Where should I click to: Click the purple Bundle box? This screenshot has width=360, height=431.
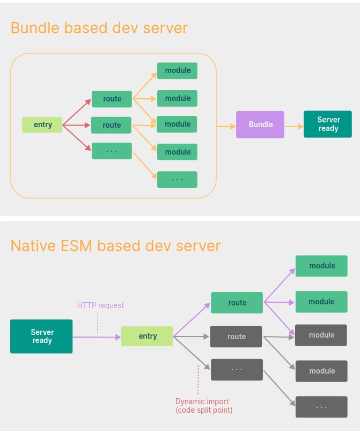[x=260, y=125]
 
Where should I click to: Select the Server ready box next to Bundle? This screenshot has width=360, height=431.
[x=328, y=124]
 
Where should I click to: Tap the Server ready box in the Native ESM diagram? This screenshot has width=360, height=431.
[x=41, y=337]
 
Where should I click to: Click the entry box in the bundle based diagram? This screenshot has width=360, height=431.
[x=42, y=125]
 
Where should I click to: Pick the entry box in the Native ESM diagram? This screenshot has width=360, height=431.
[x=147, y=336]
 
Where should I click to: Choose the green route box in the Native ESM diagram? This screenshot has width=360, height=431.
[x=237, y=303]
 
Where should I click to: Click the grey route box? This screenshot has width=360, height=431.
[x=236, y=337]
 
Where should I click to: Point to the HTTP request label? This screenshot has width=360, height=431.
[x=100, y=305]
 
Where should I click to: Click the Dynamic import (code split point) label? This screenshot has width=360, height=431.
[x=204, y=406]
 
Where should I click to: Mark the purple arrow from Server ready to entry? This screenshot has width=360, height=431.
[x=97, y=337]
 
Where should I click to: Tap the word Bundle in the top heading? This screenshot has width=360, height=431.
[x=35, y=27]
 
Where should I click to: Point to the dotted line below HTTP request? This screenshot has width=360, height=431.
[x=98, y=323]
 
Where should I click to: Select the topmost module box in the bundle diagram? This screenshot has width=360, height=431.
[x=177, y=71]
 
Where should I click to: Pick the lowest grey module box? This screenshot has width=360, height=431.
[x=321, y=371]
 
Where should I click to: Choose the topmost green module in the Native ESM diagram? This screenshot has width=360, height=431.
[x=321, y=266]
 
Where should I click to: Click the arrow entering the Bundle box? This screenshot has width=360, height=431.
[x=226, y=126]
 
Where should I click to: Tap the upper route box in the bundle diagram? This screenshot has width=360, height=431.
[x=112, y=99]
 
